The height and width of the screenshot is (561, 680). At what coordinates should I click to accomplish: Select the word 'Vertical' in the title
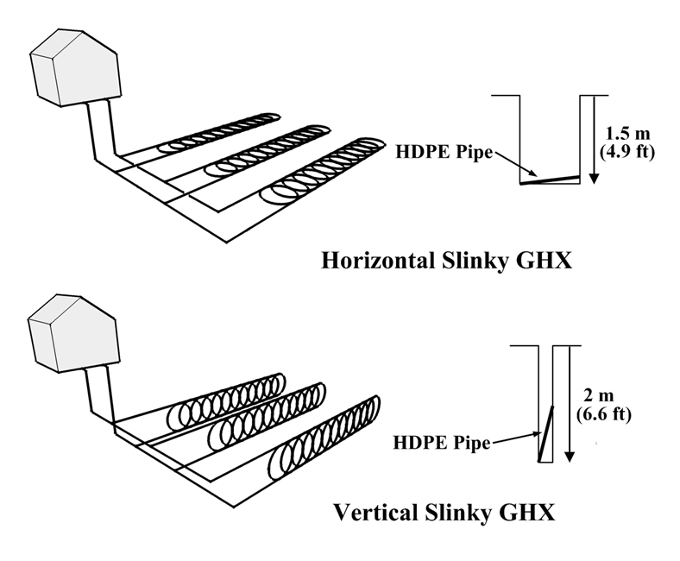tap(376, 513)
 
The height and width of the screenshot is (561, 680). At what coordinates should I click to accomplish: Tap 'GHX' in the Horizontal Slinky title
tap(544, 261)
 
